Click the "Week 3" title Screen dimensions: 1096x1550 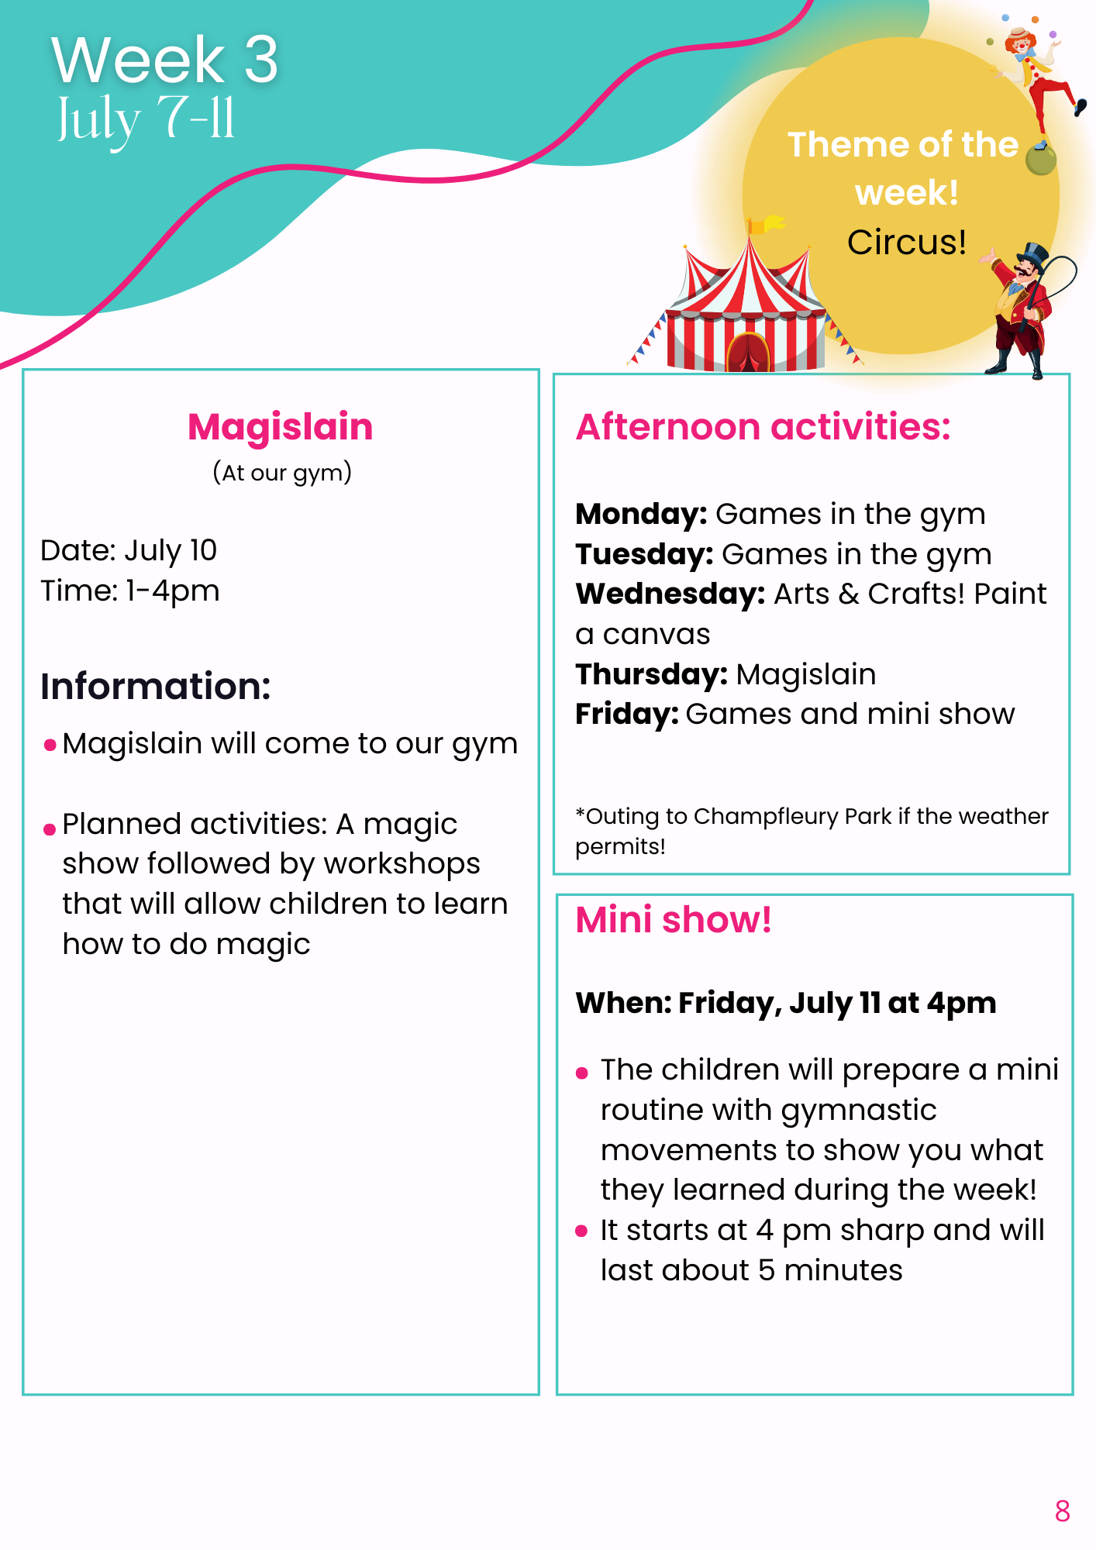164,60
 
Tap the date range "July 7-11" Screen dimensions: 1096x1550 146,119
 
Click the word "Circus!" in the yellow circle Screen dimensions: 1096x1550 907,243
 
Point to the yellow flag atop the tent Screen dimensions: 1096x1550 767,225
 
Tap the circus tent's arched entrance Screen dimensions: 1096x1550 748,352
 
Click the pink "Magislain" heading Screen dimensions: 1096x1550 281,427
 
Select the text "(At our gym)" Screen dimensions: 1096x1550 282,473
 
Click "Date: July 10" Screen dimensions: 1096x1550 129,550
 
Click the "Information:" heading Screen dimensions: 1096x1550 156,687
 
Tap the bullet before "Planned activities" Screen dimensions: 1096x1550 50,829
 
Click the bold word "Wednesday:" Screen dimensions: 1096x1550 670,594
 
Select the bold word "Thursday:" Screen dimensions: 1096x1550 651,675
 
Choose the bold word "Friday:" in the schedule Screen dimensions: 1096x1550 627,715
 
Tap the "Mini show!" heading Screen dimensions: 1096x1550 674,920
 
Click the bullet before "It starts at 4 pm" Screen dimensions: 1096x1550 582,1231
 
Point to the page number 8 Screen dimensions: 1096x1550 1063,1511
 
